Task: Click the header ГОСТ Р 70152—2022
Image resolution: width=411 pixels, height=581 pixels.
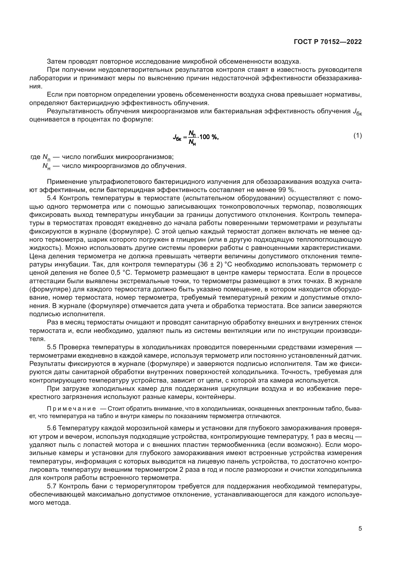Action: (x=328, y=42)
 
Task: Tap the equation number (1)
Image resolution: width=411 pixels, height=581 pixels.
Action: (x=358, y=136)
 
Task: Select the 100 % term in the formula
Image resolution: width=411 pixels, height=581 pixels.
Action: (x=209, y=137)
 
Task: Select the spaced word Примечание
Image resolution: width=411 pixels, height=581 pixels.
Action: (x=72, y=409)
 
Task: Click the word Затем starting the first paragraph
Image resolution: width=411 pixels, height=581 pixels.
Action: (x=57, y=62)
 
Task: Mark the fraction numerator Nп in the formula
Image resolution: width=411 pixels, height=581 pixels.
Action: (x=192, y=133)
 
